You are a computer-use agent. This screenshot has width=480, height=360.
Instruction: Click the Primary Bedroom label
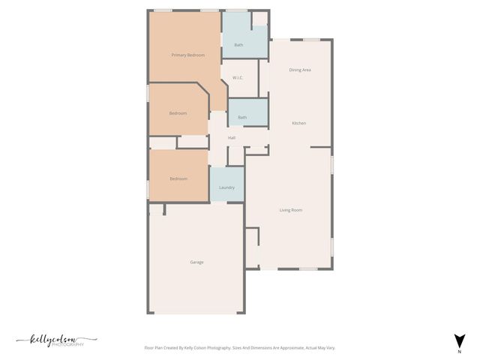[187, 55]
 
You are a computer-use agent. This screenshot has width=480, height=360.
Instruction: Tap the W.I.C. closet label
[237, 77]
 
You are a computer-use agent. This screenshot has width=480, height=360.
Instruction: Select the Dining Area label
[300, 70]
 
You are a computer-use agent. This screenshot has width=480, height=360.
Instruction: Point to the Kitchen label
[298, 123]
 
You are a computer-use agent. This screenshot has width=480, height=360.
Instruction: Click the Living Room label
[291, 210]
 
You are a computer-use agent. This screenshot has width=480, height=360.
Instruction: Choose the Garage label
[196, 262]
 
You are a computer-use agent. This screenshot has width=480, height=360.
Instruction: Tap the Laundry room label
[226, 187]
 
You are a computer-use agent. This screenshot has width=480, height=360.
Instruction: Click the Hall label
[232, 137]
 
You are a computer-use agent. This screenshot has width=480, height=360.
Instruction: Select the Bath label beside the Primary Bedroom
[238, 45]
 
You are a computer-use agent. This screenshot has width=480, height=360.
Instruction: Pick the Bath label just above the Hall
[242, 117]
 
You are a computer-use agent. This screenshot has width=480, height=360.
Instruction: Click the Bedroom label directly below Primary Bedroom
[178, 113]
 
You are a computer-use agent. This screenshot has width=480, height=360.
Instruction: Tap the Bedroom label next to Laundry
[178, 178]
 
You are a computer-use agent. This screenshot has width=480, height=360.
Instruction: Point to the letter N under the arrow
[459, 350]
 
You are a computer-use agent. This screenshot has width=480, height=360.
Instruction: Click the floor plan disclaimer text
[239, 348]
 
